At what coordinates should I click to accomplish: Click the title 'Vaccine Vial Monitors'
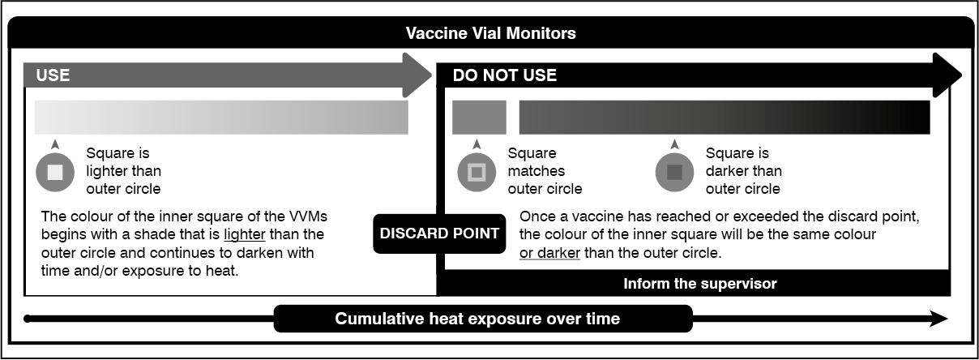pyautogui.click(x=491, y=33)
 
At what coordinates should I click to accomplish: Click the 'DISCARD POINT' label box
pyautogui.click(x=439, y=234)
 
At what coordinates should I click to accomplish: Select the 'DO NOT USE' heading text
pyautogui.click(x=505, y=75)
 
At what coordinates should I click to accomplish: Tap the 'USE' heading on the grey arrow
pyautogui.click(x=53, y=75)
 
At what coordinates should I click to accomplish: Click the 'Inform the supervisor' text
pyautogui.click(x=700, y=284)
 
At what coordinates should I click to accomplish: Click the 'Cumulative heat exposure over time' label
pyautogui.click(x=477, y=319)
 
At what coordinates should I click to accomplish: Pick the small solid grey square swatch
pyautogui.click(x=479, y=118)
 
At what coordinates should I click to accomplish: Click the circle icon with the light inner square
pyautogui.click(x=55, y=172)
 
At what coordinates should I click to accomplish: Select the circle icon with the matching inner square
pyautogui.click(x=477, y=172)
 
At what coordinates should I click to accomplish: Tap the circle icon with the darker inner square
pyautogui.click(x=674, y=172)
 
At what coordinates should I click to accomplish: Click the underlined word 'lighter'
pyautogui.click(x=244, y=234)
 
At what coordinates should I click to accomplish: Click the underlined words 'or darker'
pyautogui.click(x=549, y=253)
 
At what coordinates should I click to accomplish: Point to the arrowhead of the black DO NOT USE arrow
pyautogui.click(x=947, y=75)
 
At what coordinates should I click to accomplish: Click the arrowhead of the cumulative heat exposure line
pyautogui.click(x=938, y=319)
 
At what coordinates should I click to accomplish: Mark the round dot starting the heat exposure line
pyautogui.click(x=28, y=319)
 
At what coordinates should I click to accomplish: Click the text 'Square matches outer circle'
pyautogui.click(x=545, y=171)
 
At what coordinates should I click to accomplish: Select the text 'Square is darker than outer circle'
pyautogui.click(x=743, y=171)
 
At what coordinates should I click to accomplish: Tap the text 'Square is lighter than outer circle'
pyautogui.click(x=124, y=171)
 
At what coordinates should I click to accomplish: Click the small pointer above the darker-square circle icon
pyautogui.click(x=675, y=144)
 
